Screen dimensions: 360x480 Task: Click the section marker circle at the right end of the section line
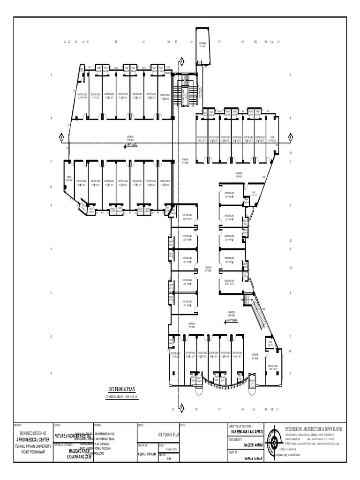[x=290, y=137]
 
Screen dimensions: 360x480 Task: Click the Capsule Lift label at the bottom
[x=253, y=382]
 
